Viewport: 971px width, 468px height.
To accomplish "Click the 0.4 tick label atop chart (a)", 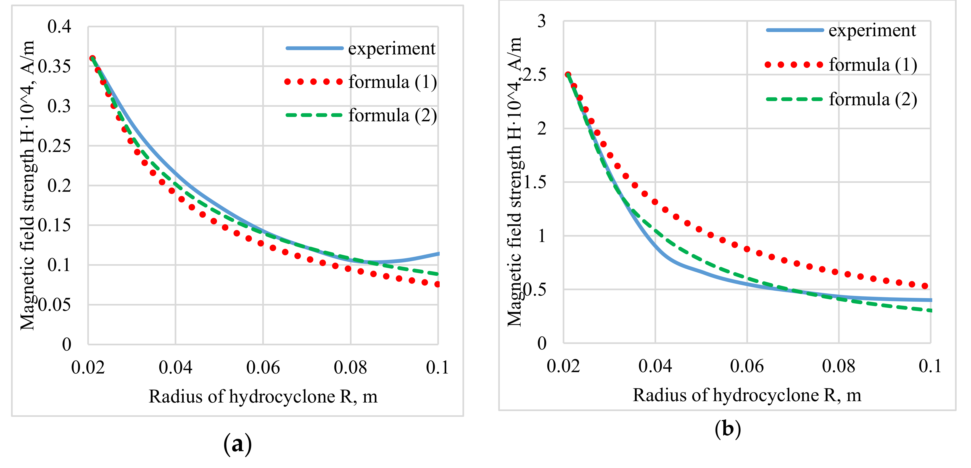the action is coord(59,27).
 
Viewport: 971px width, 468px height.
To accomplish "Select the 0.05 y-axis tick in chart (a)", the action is coord(55,305).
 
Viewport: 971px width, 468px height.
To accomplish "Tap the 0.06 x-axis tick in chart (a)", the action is coord(263,367).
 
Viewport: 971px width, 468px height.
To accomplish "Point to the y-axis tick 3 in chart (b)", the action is coord(542,21).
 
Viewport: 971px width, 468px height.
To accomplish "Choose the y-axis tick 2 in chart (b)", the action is coord(542,128).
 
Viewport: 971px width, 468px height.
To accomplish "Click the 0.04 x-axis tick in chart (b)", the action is coord(655,366).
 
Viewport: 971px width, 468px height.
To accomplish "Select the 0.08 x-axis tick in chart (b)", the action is coord(839,366).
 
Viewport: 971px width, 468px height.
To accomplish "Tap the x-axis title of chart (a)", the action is coord(263,397).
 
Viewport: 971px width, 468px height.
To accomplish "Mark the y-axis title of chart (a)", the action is coord(27,185).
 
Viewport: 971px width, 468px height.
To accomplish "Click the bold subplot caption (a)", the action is coord(238,444).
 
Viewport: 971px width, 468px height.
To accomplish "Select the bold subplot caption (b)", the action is coord(727,429).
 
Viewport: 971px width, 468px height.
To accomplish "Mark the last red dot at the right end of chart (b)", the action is coord(925,286).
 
